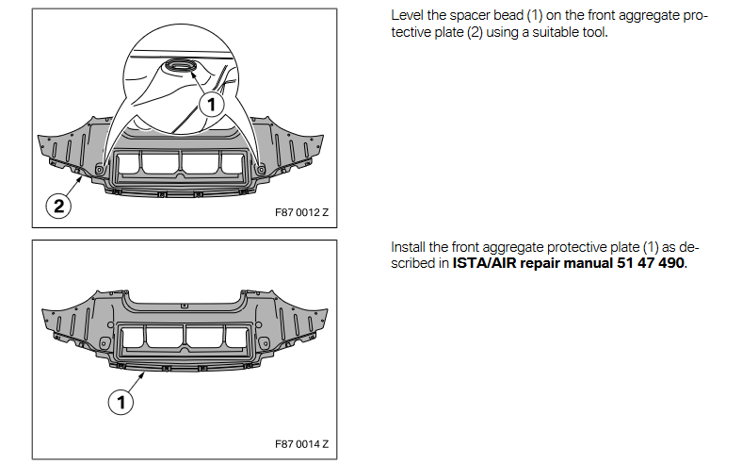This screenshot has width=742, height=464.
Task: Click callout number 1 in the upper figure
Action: pos(213,104)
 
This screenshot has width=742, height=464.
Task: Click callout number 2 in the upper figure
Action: pos(58,207)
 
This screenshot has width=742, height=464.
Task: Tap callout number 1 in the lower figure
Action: pos(121,403)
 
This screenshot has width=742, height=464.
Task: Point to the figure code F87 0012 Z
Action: pos(301,212)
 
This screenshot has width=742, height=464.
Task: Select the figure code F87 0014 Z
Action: pos(301,444)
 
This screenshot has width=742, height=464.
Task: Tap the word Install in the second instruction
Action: pos(410,247)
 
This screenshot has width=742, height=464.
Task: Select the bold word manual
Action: pos(588,262)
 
